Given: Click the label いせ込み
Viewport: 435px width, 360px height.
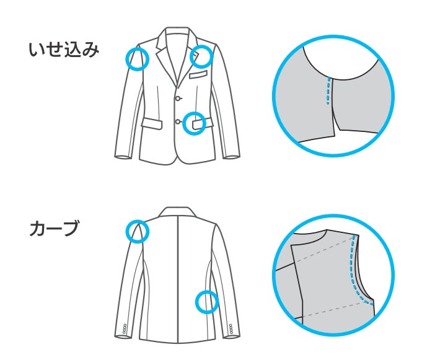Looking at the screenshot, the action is point(64,50).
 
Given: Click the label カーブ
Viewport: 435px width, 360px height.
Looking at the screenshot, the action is point(55,229).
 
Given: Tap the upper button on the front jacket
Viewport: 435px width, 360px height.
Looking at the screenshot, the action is point(178,99).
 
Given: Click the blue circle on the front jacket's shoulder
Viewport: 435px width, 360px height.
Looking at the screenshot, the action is point(138,59).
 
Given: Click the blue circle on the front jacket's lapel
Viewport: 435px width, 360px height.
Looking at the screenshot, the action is point(201,56).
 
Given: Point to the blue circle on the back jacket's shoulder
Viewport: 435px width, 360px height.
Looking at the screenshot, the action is point(138,231).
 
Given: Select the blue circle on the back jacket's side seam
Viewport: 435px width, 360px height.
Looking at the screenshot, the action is point(207,302).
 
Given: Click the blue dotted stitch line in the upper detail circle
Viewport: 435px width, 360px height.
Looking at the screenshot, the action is point(327,92).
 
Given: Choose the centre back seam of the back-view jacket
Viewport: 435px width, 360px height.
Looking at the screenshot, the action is point(178,279).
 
